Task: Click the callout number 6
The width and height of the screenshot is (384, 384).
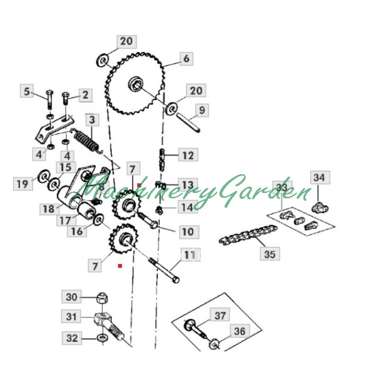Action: [x=186, y=59]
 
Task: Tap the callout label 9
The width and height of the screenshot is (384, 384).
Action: [x=202, y=110]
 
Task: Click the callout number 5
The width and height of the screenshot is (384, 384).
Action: [x=27, y=90]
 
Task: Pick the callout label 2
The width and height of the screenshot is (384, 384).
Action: [x=85, y=95]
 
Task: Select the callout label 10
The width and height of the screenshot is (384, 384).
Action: [x=187, y=231]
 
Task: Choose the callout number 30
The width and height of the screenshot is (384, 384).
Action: [x=71, y=297]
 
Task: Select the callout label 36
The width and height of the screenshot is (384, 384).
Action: [x=239, y=331]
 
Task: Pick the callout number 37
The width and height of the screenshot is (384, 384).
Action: [x=220, y=315]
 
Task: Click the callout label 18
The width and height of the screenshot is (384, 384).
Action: [x=48, y=209]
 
